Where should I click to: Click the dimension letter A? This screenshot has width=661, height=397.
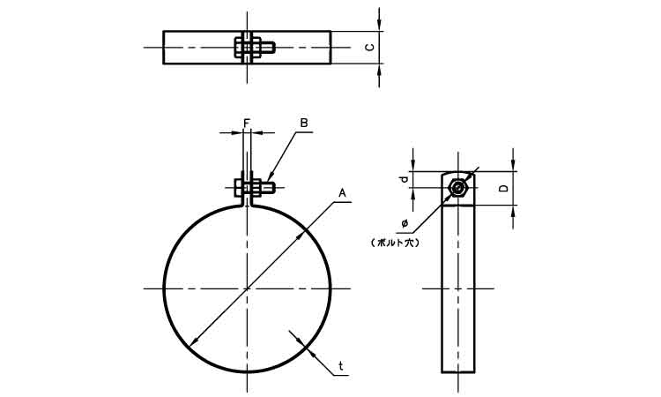tap(342, 193)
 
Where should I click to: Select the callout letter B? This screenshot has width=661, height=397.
tap(304, 123)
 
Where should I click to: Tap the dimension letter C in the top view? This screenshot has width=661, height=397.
tap(369, 48)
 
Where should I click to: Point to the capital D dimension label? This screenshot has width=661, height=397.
tap(503, 188)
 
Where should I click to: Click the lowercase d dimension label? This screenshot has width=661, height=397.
tap(405, 179)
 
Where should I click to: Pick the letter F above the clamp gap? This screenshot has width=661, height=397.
tap(247, 123)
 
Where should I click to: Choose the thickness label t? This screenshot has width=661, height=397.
tap(341, 366)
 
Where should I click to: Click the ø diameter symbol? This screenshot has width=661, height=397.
tap(405, 222)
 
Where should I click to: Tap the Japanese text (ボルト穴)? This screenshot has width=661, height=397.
tap(395, 243)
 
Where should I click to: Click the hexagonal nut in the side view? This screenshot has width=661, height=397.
tap(457, 187)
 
